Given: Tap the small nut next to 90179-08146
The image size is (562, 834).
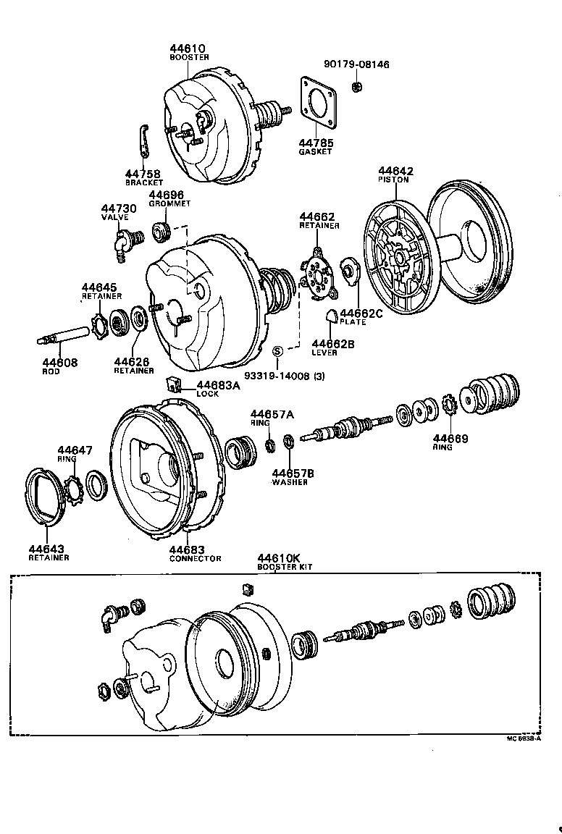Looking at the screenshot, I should point(356,87).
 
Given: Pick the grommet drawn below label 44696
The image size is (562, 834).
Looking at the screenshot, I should point(161,233).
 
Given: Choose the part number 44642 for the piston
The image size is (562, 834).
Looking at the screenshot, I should point(395,171).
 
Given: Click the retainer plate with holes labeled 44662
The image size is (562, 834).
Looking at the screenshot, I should point(316,274).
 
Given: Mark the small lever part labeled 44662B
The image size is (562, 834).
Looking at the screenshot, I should point(330,314).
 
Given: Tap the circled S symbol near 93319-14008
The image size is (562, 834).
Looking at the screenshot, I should point(277,351).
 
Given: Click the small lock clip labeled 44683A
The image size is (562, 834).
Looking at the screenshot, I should point(174,383).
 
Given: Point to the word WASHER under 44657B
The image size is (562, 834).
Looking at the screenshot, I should point(290,482).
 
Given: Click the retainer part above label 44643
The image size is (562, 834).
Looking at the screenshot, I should point(43,497).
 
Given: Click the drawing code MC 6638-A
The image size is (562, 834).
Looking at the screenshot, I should point(524,740).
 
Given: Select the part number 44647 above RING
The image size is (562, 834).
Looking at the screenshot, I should point(75,450).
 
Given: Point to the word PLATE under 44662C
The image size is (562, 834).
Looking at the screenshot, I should point(353,321).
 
